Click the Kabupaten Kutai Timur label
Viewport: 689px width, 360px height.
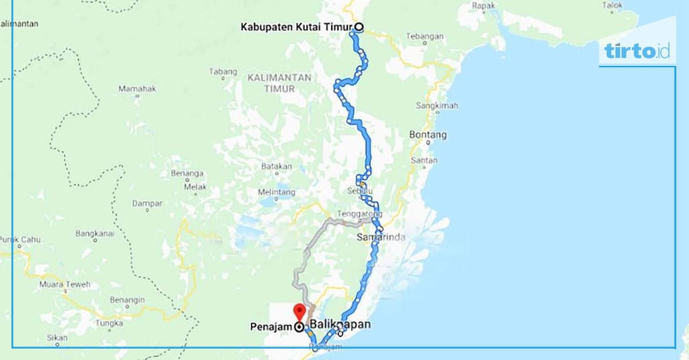pyautogui.click(x=297, y=28)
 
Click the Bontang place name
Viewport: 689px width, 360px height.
pyautogui.click(x=427, y=135)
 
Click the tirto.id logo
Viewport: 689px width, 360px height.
pyautogui.click(x=637, y=50)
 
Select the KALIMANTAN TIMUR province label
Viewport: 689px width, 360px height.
pyautogui.click(x=279, y=83)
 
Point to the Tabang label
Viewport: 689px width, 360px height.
pyautogui.click(x=223, y=72)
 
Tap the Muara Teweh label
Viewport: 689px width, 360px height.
pyautogui.click(x=65, y=285)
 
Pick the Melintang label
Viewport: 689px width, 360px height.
pyautogui.click(x=276, y=192)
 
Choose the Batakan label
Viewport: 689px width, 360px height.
pyautogui.click(x=277, y=166)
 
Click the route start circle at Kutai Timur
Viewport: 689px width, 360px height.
pyautogui.click(x=359, y=28)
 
